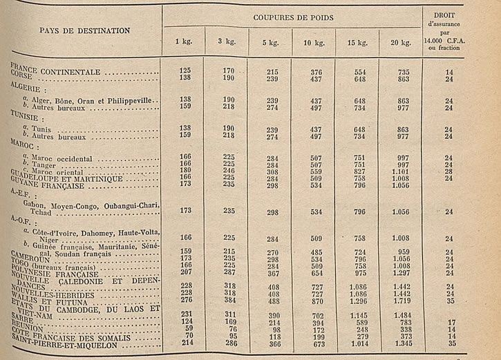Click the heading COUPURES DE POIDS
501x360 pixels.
coord(292,16)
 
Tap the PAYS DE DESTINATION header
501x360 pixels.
coord(84,30)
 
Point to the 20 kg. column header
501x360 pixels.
coord(400,42)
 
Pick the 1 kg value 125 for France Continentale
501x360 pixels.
coord(185,71)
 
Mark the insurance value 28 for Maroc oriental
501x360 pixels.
coord(449,171)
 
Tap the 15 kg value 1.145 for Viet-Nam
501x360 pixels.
coord(357,316)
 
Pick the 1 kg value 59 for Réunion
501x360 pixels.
coord(185,330)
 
